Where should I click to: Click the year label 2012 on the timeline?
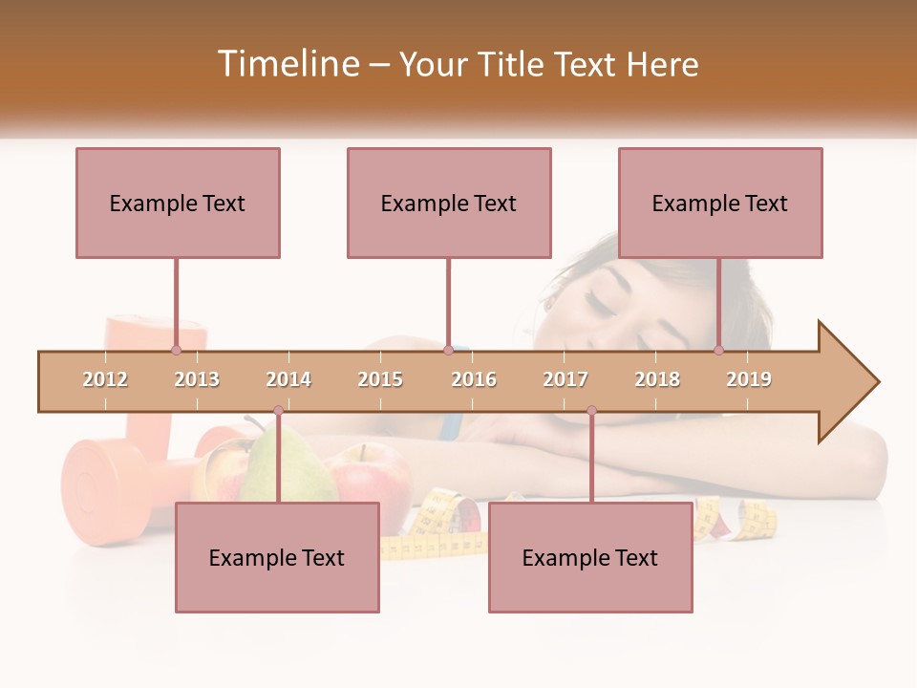(x=105, y=379)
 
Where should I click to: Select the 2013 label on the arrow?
(x=197, y=379)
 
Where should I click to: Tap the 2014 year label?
(x=288, y=379)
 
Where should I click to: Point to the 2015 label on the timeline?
(x=380, y=379)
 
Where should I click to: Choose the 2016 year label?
(x=474, y=379)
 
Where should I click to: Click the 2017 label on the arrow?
(x=565, y=379)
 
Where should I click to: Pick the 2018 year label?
(x=657, y=379)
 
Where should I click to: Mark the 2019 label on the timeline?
(x=749, y=379)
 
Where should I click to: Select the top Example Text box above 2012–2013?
(x=178, y=203)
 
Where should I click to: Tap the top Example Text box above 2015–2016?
(x=449, y=203)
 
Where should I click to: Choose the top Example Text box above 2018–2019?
(x=720, y=203)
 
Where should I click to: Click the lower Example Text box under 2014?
(x=277, y=557)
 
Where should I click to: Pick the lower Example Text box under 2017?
(x=590, y=557)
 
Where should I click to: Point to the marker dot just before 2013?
(x=176, y=350)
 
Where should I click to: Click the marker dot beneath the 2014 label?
(x=278, y=411)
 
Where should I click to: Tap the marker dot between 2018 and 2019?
(x=718, y=350)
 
